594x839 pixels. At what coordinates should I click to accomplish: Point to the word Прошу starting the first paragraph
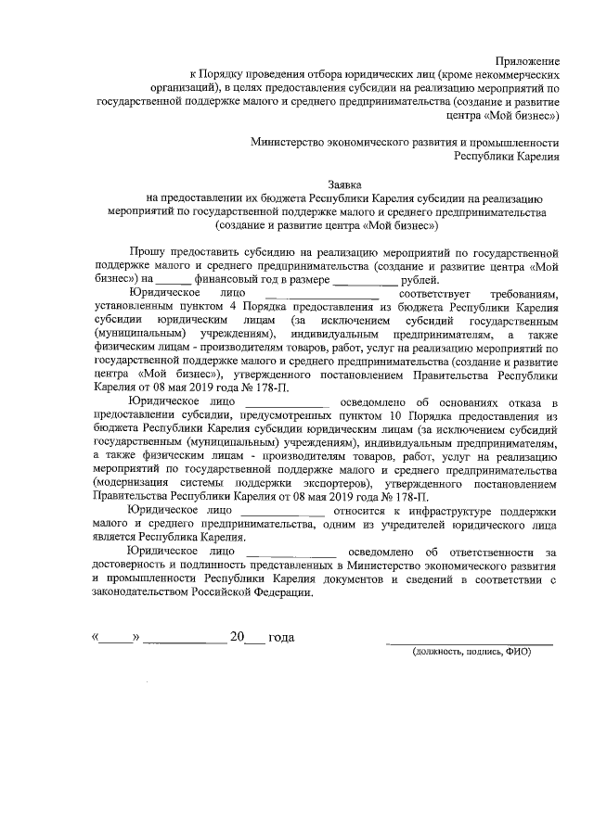(x=149, y=251)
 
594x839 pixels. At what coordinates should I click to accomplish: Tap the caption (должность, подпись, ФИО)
(x=471, y=652)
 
